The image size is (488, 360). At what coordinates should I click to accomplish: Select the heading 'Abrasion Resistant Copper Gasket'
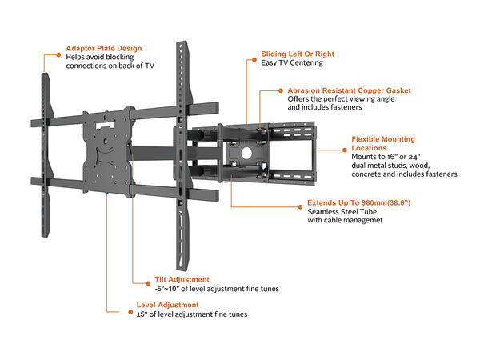click(350, 91)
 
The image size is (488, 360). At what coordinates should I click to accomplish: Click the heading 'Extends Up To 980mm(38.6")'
click(365, 204)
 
